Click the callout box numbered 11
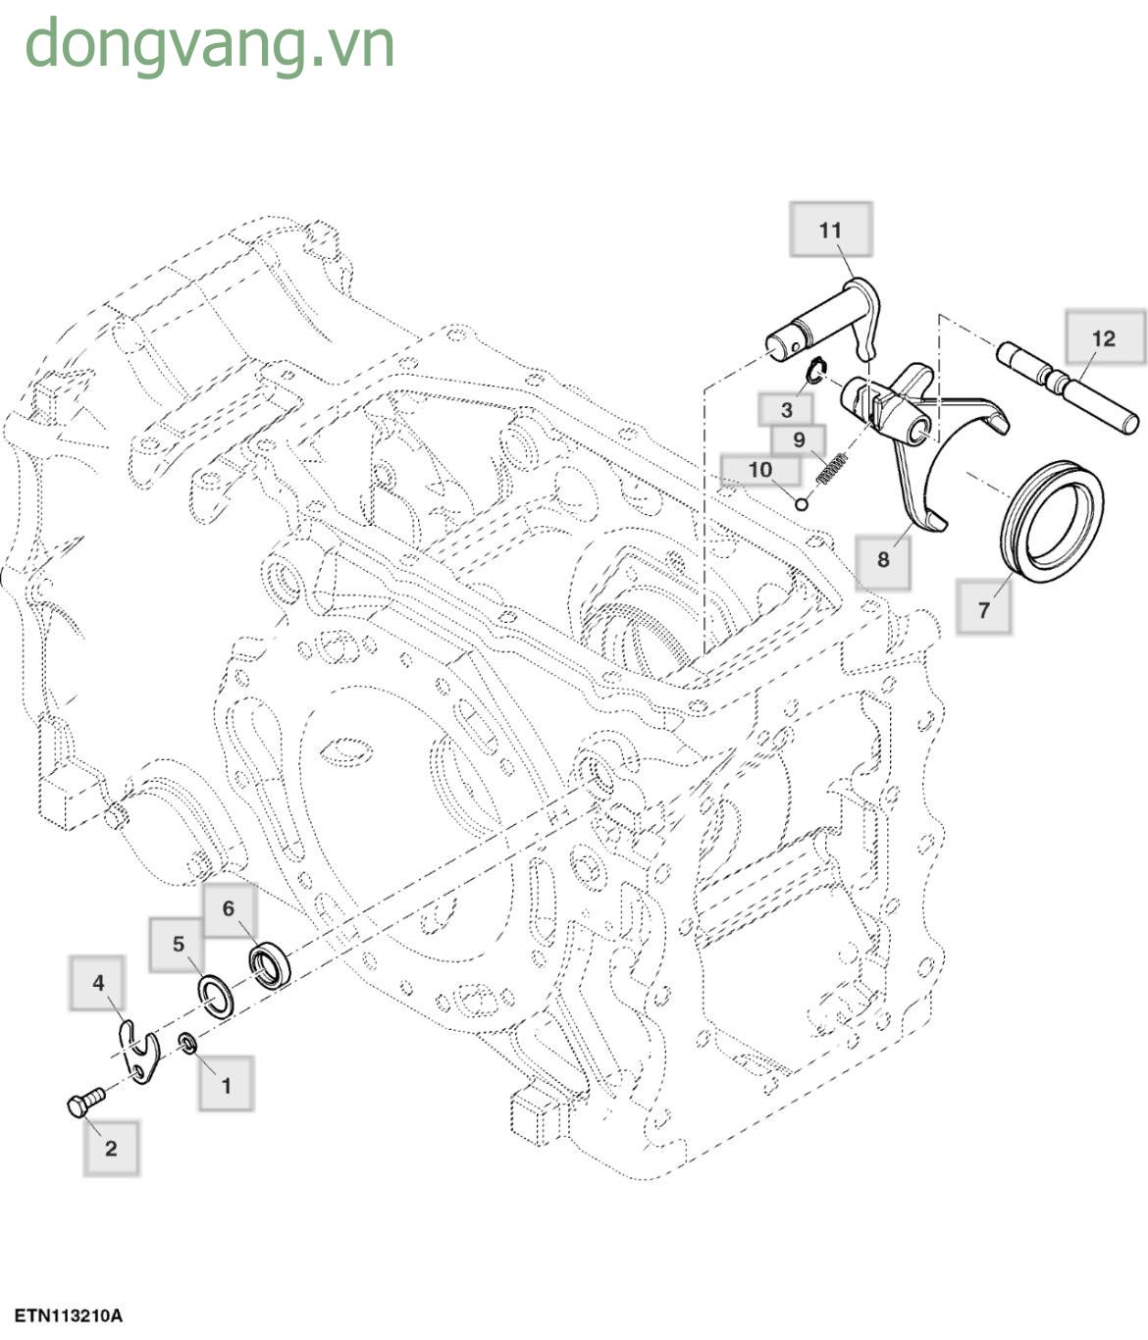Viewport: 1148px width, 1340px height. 830,231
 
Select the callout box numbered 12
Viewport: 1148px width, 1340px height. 1105,338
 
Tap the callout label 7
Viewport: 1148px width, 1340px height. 984,609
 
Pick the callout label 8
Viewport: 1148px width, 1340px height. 883,559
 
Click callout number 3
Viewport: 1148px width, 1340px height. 786,410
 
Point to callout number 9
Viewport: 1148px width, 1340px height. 799,440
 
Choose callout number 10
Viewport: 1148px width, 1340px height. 760,470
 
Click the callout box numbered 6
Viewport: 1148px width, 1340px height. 229,908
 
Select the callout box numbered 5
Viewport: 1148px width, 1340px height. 178,945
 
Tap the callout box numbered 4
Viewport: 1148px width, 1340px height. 98,983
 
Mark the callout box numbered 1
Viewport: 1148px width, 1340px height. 227,1085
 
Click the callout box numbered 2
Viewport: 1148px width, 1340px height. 111,1148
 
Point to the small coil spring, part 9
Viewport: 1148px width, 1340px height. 832,468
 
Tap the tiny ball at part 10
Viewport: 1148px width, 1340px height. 802,504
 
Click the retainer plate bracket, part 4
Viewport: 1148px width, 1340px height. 141,1055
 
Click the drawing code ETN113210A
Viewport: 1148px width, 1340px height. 69,1315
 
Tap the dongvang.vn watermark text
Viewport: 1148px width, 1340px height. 210,45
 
